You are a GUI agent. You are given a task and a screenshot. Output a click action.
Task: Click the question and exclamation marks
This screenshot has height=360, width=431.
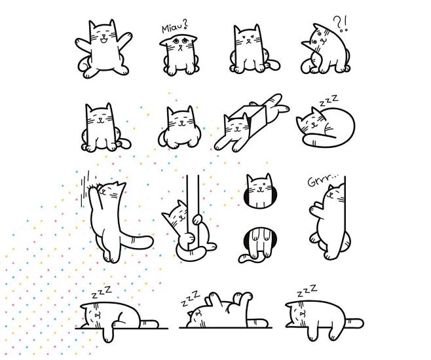(x=341, y=24)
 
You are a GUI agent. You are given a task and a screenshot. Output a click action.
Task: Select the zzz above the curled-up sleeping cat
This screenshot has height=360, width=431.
(x=328, y=101)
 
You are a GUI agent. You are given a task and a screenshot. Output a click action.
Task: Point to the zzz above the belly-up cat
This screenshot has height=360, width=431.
(x=190, y=298)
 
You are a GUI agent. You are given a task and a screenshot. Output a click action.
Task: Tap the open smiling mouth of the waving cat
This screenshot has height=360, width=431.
(x=103, y=41)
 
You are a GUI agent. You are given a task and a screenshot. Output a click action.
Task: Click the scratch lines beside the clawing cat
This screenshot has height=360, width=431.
(x=86, y=189)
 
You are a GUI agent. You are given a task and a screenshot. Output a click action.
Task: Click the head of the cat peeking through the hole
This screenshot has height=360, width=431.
(x=259, y=190)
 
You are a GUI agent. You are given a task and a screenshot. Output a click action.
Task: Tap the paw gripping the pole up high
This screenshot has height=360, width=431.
(x=197, y=219)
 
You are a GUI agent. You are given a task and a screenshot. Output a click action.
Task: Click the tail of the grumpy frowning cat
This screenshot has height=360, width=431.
(x=272, y=65)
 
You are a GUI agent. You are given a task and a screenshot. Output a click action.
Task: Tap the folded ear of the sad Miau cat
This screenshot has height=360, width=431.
(x=166, y=42)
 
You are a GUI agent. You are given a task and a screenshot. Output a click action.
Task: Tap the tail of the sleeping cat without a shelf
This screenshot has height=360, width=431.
(x=354, y=323)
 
